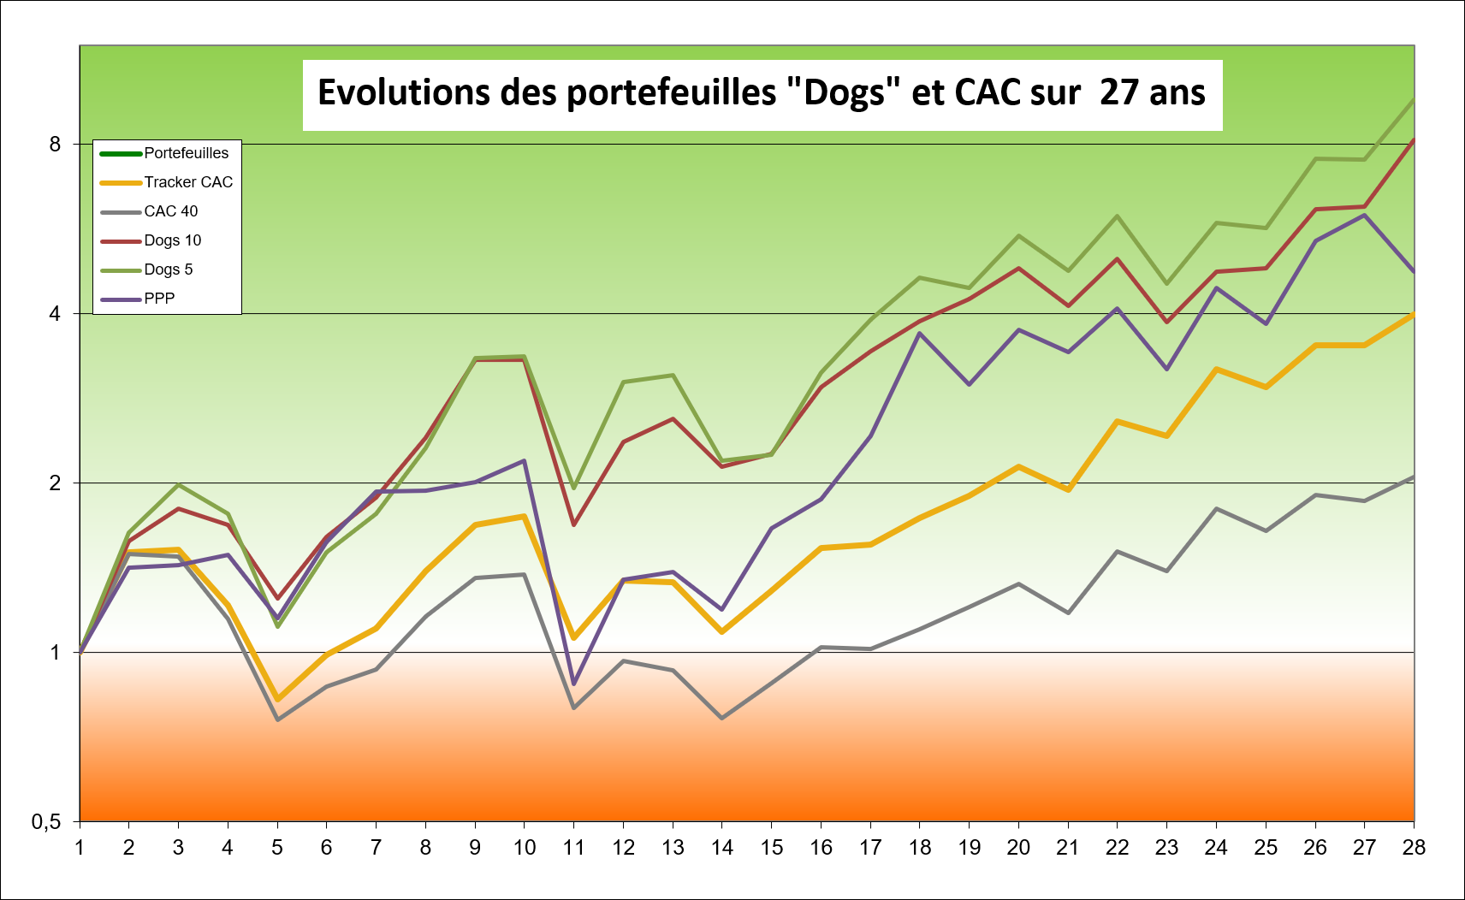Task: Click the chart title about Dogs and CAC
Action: pyautogui.click(x=762, y=93)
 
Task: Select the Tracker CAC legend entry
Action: pyautogui.click(x=187, y=182)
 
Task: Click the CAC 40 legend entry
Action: pyautogui.click(x=170, y=211)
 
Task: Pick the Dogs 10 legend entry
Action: pyautogui.click(x=172, y=240)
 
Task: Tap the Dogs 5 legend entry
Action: pyautogui.click(x=168, y=269)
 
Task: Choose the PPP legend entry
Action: pyautogui.click(x=159, y=299)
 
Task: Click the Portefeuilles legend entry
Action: pyautogui.click(x=186, y=153)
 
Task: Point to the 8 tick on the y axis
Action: pyautogui.click(x=56, y=144)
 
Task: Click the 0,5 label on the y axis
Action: pyautogui.click(x=46, y=822)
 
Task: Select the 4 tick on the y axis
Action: pyautogui.click(x=56, y=313)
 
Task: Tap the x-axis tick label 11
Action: pyautogui.click(x=573, y=848)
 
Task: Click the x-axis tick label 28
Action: pyautogui.click(x=1414, y=848)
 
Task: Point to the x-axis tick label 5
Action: pyautogui.click(x=277, y=848)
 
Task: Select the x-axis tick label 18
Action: pyautogui.click(x=920, y=848)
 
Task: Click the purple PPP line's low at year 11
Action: pyautogui.click(x=573, y=684)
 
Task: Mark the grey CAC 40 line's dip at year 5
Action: pyautogui.click(x=277, y=719)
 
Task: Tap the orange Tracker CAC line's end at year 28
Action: pyautogui.click(x=1413, y=314)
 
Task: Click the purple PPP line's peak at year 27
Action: pyautogui.click(x=1364, y=215)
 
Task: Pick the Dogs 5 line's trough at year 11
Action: pyautogui.click(x=573, y=488)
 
